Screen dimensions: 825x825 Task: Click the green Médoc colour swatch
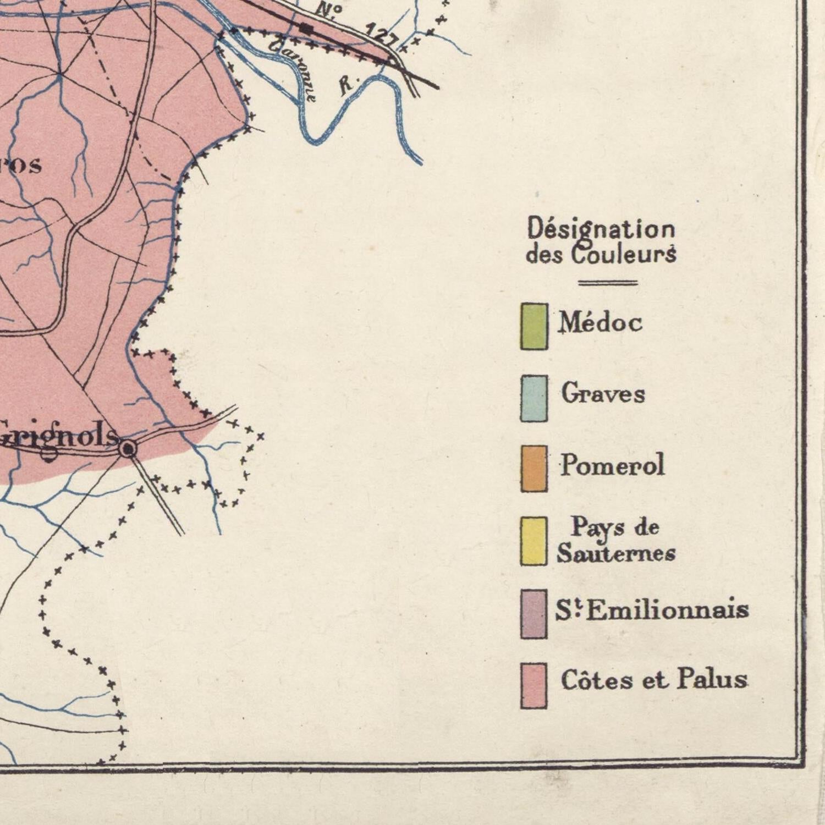coord(534,327)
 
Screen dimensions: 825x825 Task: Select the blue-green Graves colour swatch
coord(534,399)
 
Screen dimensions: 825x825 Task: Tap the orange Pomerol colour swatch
coord(534,469)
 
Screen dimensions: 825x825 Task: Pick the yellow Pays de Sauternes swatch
coord(534,541)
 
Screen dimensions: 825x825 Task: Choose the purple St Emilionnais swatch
coord(534,614)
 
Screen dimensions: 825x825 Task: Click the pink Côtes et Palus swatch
coord(534,685)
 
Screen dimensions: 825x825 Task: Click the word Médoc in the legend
coord(601,322)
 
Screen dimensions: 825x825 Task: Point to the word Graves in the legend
coord(603,394)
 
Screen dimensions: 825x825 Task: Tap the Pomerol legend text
coord(613,465)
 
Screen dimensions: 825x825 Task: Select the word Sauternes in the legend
coord(616,553)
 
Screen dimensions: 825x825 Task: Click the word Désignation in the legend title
coord(601,229)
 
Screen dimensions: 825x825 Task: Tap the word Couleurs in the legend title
coord(624,255)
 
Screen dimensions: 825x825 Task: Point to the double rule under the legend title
coord(608,283)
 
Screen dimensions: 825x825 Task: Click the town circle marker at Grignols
coord(128,449)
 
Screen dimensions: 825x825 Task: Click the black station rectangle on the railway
coord(306,28)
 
